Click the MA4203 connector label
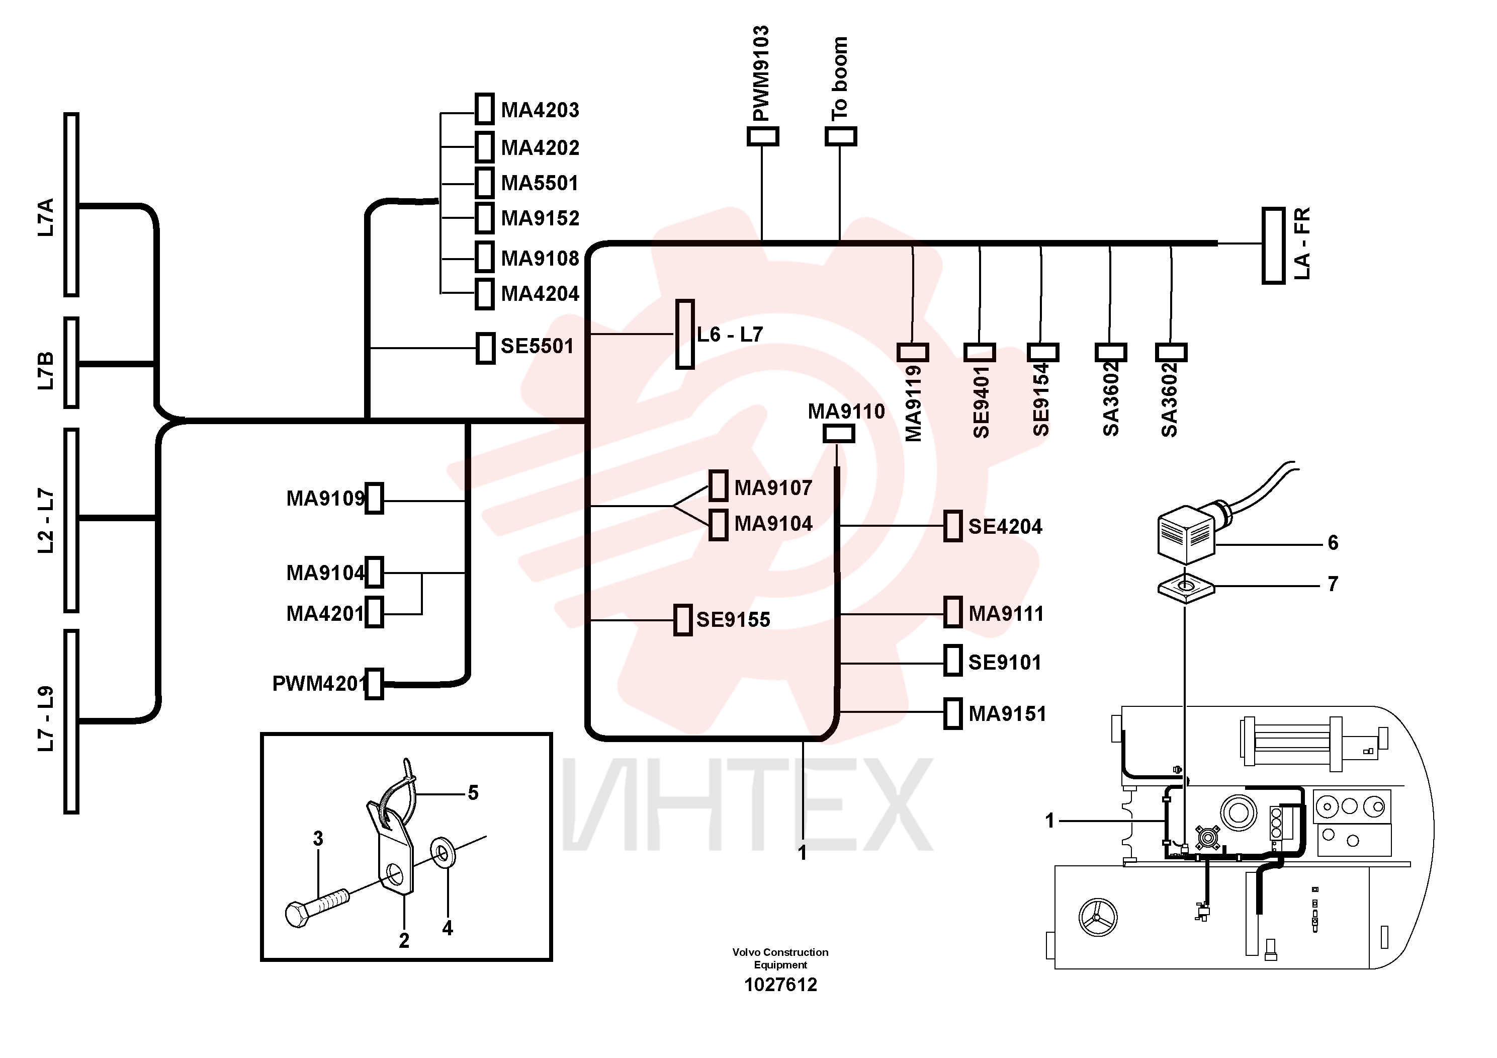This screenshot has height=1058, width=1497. point(540,110)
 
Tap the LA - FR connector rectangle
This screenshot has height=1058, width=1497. point(1273,246)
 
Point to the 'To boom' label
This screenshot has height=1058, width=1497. point(840,79)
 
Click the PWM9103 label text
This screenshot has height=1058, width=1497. point(761,74)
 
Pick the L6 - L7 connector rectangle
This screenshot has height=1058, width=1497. point(684,335)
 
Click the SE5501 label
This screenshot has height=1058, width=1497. point(537,346)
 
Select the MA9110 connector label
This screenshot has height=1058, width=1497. point(846,411)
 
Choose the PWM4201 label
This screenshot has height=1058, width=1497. point(319,684)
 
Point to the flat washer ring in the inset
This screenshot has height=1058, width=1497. point(444,853)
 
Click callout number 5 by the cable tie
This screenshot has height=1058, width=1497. point(473,793)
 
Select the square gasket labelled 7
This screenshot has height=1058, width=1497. point(1186,588)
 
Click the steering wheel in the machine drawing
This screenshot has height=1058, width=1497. point(1099,917)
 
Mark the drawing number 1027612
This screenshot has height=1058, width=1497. point(780,984)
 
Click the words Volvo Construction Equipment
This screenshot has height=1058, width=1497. point(780,958)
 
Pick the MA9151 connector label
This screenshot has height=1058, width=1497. point(1007,713)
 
